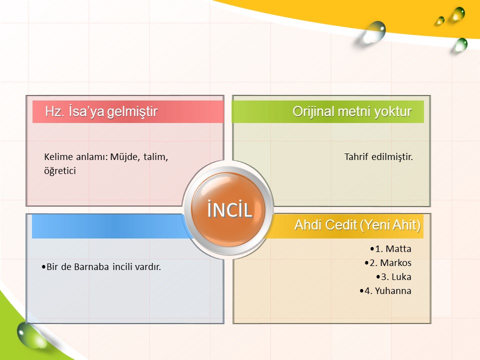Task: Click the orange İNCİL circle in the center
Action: (228, 209)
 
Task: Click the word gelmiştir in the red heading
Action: (132, 111)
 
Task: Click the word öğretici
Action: (60, 171)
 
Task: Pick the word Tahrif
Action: (356, 156)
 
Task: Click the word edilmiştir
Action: (392, 156)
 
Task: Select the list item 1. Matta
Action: (390, 248)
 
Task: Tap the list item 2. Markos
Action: (388, 262)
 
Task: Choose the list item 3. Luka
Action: (393, 276)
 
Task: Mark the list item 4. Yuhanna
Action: (385, 291)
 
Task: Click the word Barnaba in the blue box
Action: (91, 266)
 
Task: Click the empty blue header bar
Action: (110, 226)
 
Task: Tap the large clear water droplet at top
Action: (373, 32)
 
